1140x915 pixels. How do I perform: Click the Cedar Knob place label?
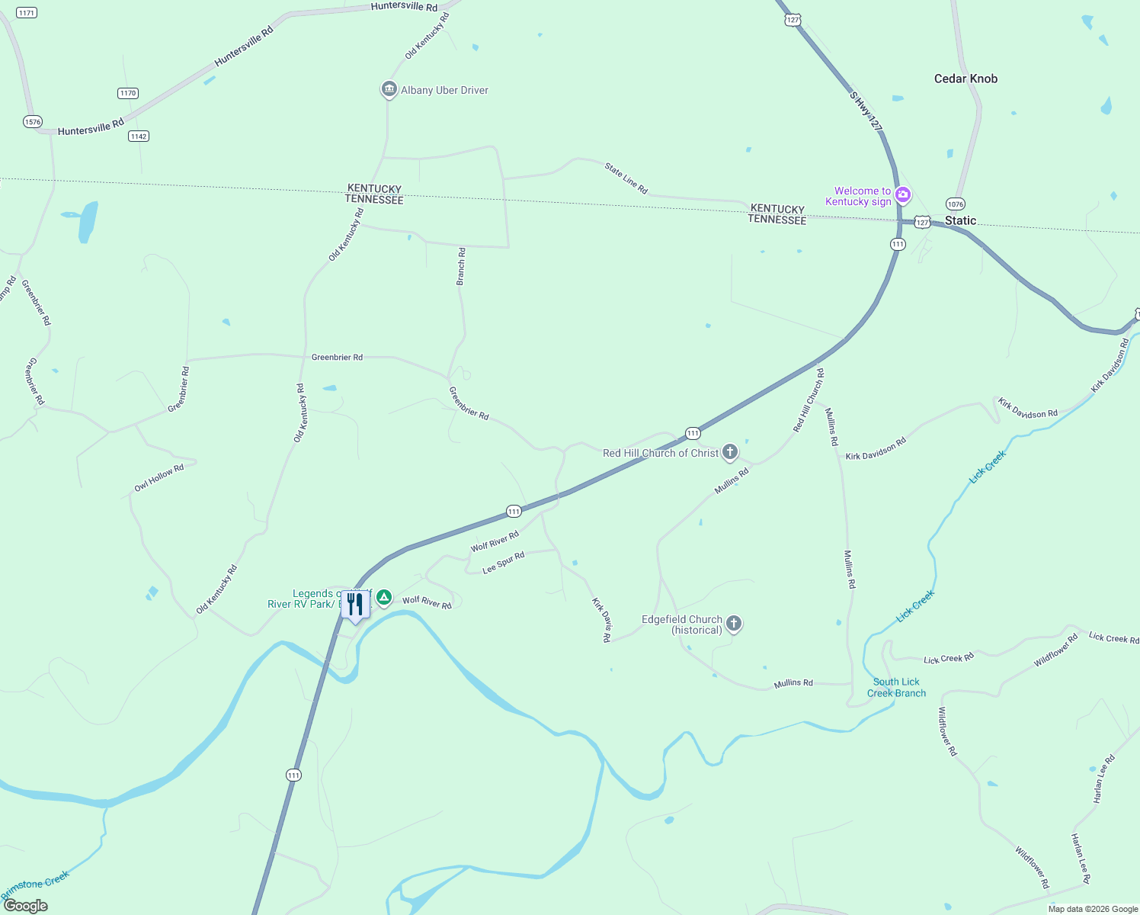click(965, 79)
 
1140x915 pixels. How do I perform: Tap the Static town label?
click(960, 220)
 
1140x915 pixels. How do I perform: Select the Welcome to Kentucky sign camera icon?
click(903, 195)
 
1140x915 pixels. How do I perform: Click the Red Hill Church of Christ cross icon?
click(730, 452)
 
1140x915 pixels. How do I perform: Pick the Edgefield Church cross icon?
click(734, 624)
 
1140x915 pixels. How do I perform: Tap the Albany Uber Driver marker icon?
click(389, 90)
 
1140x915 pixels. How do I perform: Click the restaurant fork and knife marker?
click(355, 605)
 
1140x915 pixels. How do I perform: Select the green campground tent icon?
click(385, 597)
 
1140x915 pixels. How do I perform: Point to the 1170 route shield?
click(127, 93)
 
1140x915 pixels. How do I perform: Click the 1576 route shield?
click(32, 121)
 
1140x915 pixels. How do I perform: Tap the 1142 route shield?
click(138, 136)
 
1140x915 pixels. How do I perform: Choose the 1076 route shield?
click(955, 204)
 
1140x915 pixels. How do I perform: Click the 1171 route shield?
click(26, 13)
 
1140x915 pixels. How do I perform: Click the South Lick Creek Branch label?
click(896, 687)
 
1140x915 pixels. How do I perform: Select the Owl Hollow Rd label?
click(159, 478)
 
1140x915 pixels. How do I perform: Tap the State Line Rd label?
click(626, 178)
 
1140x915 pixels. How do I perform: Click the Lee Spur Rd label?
click(504, 563)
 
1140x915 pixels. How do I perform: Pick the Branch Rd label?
click(461, 266)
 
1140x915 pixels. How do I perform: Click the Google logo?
click(25, 905)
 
